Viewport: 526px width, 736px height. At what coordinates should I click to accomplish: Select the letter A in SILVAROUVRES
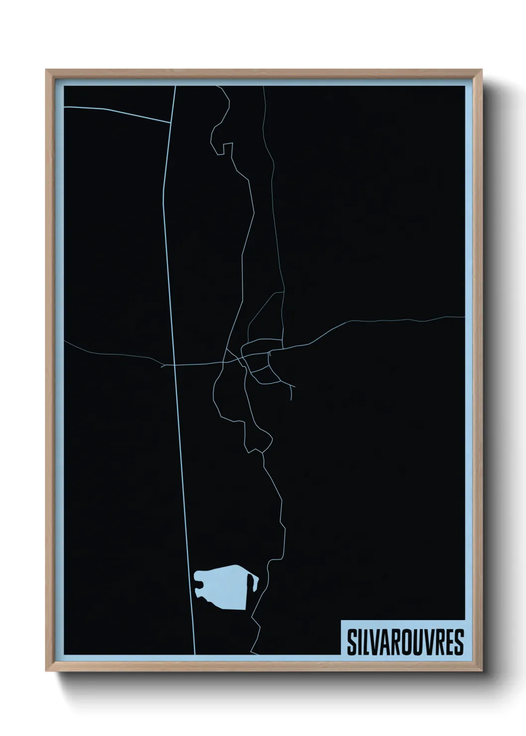pyautogui.click(x=386, y=638)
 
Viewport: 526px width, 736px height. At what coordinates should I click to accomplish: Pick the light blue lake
pyautogui.click(x=221, y=587)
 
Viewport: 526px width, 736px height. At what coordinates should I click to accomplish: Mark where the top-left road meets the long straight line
pyautogui.click(x=171, y=122)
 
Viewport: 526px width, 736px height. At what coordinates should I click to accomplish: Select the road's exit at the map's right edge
pyautogui.click(x=464, y=316)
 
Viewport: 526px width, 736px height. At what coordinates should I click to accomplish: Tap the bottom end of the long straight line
pyautogui.click(x=194, y=654)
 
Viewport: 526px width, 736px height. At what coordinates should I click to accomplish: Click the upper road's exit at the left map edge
pyautogui.click(x=65, y=106)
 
